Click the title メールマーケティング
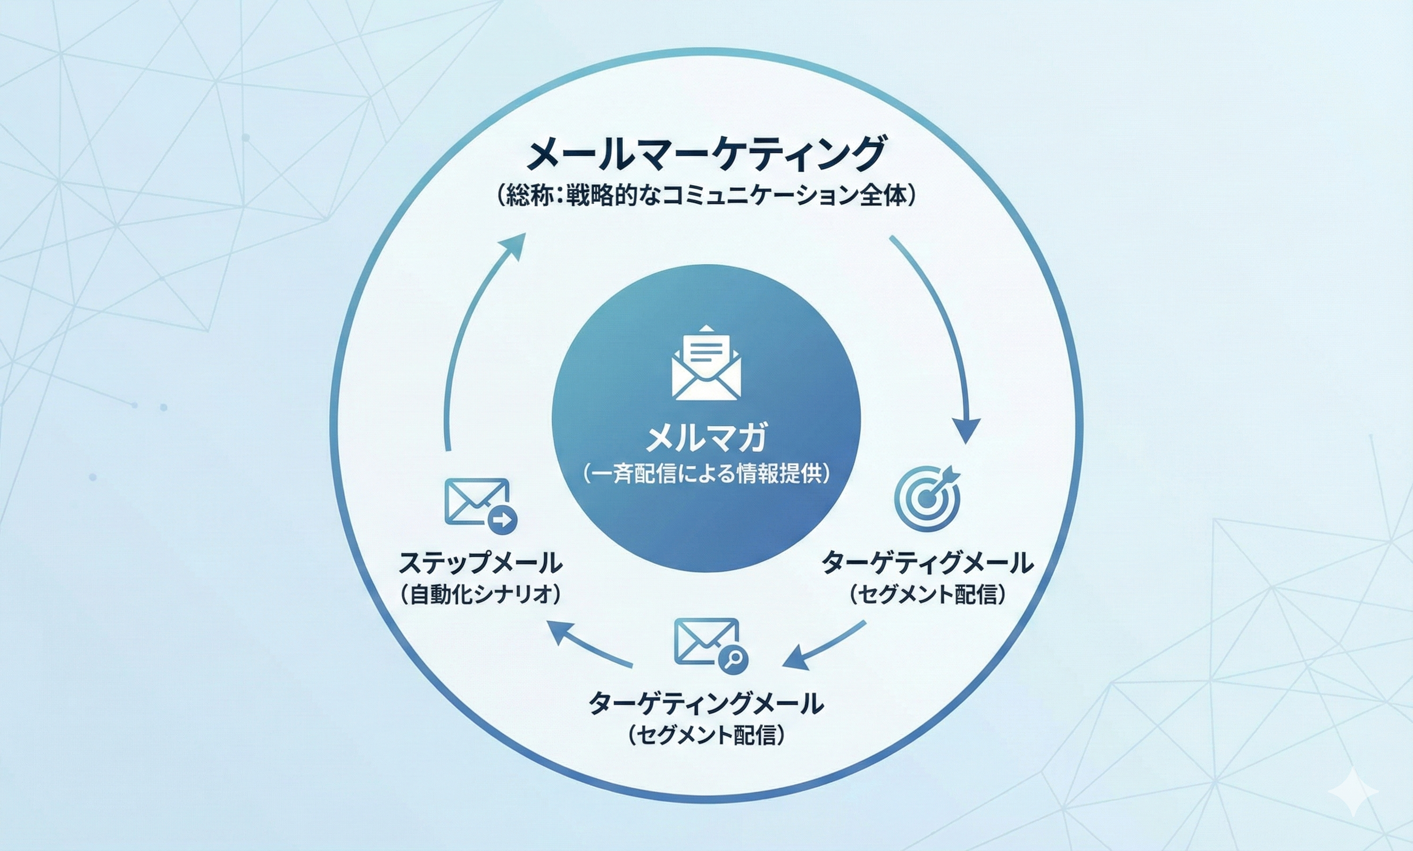click(706, 153)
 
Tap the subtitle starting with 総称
click(706, 196)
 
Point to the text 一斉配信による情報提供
click(706, 474)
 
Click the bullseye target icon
click(926, 497)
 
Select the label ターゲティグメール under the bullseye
click(927, 563)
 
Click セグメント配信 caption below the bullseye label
click(927, 595)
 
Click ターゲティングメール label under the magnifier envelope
click(706, 703)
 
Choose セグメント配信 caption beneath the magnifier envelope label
click(706, 735)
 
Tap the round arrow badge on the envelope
click(502, 520)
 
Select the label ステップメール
click(480, 563)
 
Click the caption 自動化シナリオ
click(480, 595)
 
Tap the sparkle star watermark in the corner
click(1353, 791)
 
